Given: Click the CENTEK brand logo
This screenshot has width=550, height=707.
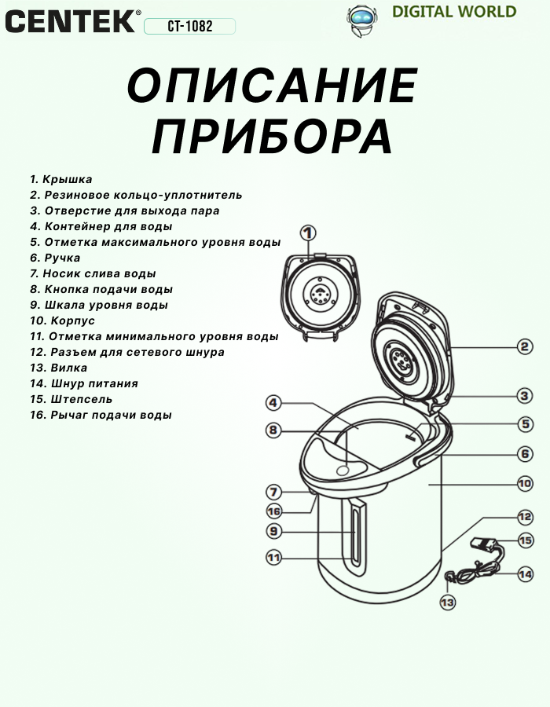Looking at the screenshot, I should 71,20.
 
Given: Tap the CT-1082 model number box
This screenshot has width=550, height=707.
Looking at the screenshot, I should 190,27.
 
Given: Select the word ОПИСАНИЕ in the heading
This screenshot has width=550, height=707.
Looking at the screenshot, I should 272,86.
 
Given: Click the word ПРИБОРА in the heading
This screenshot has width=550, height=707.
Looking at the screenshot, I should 272,137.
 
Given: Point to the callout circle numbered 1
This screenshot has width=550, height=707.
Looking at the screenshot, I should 307,233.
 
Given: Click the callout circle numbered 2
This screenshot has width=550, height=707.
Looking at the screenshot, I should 525,346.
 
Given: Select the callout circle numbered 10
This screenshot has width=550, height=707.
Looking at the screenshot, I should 525,484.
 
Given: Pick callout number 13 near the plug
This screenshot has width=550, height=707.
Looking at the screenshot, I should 447,603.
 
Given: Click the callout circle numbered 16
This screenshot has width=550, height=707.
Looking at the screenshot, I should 273,511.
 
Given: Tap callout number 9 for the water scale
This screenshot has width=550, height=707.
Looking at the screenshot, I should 273,532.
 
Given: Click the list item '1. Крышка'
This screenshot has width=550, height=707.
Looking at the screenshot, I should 61,179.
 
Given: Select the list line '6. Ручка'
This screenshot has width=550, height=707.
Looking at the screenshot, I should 55,258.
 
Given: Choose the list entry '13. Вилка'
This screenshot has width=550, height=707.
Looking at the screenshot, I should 58,368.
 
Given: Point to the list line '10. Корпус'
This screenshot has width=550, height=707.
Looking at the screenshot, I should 62,321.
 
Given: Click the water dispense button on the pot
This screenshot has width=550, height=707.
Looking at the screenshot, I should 343,469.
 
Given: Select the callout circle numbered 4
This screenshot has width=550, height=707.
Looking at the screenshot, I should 273,403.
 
